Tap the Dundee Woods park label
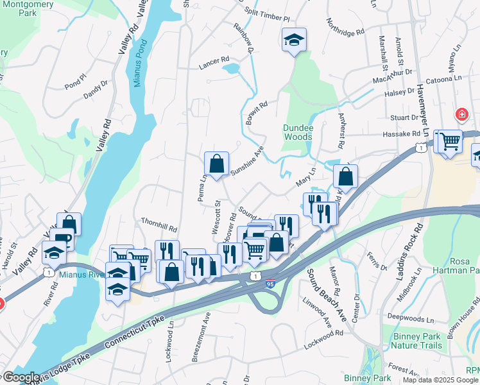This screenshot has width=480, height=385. point(298,132)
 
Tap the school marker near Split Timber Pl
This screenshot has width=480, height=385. point(293,40)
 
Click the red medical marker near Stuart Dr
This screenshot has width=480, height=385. point(461,116)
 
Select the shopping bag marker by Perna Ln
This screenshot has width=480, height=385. point(216,164)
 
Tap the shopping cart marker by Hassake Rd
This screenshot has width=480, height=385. point(450,141)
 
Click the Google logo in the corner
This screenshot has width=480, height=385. point(21,377)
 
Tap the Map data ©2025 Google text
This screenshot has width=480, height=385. point(440,380)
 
